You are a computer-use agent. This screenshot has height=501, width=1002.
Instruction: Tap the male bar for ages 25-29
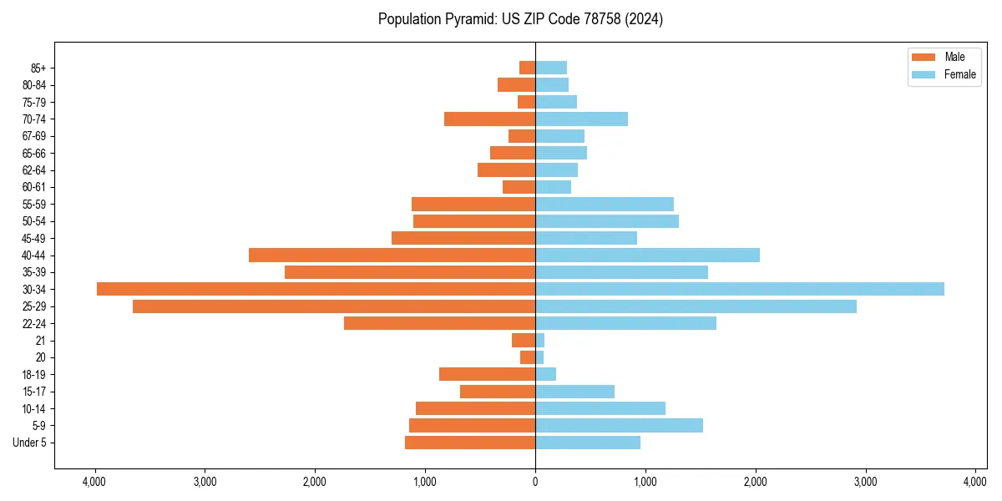[x=334, y=306]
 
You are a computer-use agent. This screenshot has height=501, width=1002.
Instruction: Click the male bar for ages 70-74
[x=489, y=119]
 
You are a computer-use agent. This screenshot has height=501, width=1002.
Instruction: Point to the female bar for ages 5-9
[x=619, y=426]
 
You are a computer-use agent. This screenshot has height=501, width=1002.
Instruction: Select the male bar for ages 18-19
[x=487, y=374]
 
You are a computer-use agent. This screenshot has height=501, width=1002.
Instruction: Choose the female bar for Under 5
[x=588, y=443]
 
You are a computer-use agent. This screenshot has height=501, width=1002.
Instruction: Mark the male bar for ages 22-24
[x=439, y=323]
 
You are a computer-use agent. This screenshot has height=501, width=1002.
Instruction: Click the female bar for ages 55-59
[x=604, y=205]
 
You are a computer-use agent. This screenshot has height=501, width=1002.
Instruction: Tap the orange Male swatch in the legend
[x=924, y=57]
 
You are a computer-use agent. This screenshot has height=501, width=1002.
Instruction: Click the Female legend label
[x=960, y=74]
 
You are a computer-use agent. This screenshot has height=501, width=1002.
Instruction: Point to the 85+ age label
[x=38, y=68]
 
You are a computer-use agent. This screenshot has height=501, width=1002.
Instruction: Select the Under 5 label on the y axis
[x=30, y=443]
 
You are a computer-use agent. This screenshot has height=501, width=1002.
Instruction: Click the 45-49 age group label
[x=34, y=238]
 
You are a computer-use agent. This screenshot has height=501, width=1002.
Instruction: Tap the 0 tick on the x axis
[x=535, y=482]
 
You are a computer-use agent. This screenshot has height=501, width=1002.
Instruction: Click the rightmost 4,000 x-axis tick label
[x=975, y=482]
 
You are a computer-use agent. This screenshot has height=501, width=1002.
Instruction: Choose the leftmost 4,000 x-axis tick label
[x=94, y=482]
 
